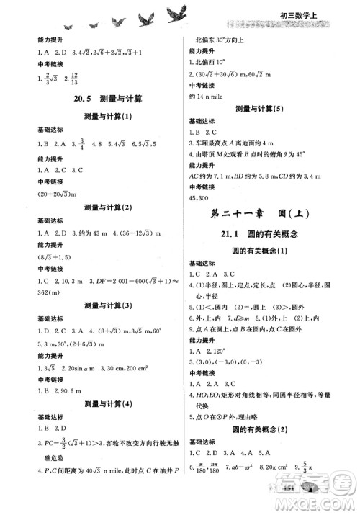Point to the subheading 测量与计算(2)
(98, 209)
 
